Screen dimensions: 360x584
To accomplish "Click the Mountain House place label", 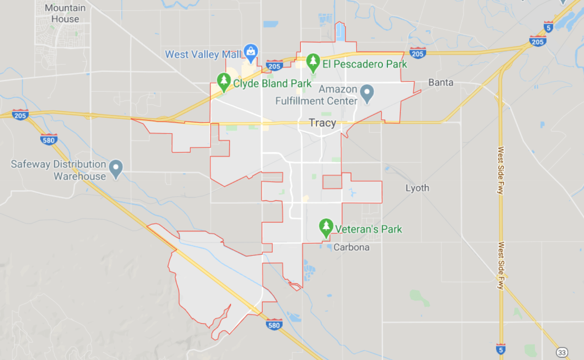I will [65, 13].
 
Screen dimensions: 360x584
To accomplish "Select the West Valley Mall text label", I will [203, 55].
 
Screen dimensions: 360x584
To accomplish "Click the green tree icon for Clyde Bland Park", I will [223, 81].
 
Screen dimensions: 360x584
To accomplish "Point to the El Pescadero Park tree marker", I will [313, 62].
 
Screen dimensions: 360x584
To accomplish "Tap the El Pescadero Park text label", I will [364, 64].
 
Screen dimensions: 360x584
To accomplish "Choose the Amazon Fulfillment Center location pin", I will [367, 93].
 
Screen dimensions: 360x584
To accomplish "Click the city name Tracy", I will [322, 123].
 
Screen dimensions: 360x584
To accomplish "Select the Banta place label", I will [441, 83].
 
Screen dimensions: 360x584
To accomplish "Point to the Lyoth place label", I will [417, 188].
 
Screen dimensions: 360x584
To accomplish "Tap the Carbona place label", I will [351, 247].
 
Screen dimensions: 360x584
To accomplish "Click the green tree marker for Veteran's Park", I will [326, 227].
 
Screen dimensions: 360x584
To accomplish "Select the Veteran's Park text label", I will [368, 229].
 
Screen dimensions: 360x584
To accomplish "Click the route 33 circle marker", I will [562, 352].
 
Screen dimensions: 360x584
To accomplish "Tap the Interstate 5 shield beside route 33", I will [501, 349].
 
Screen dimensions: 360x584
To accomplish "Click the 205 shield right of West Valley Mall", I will [274, 66].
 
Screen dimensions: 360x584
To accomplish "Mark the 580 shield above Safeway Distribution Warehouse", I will [48, 140].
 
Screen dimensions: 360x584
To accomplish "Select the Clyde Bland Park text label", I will [272, 83].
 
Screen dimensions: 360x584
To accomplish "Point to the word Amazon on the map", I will [338, 89].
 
